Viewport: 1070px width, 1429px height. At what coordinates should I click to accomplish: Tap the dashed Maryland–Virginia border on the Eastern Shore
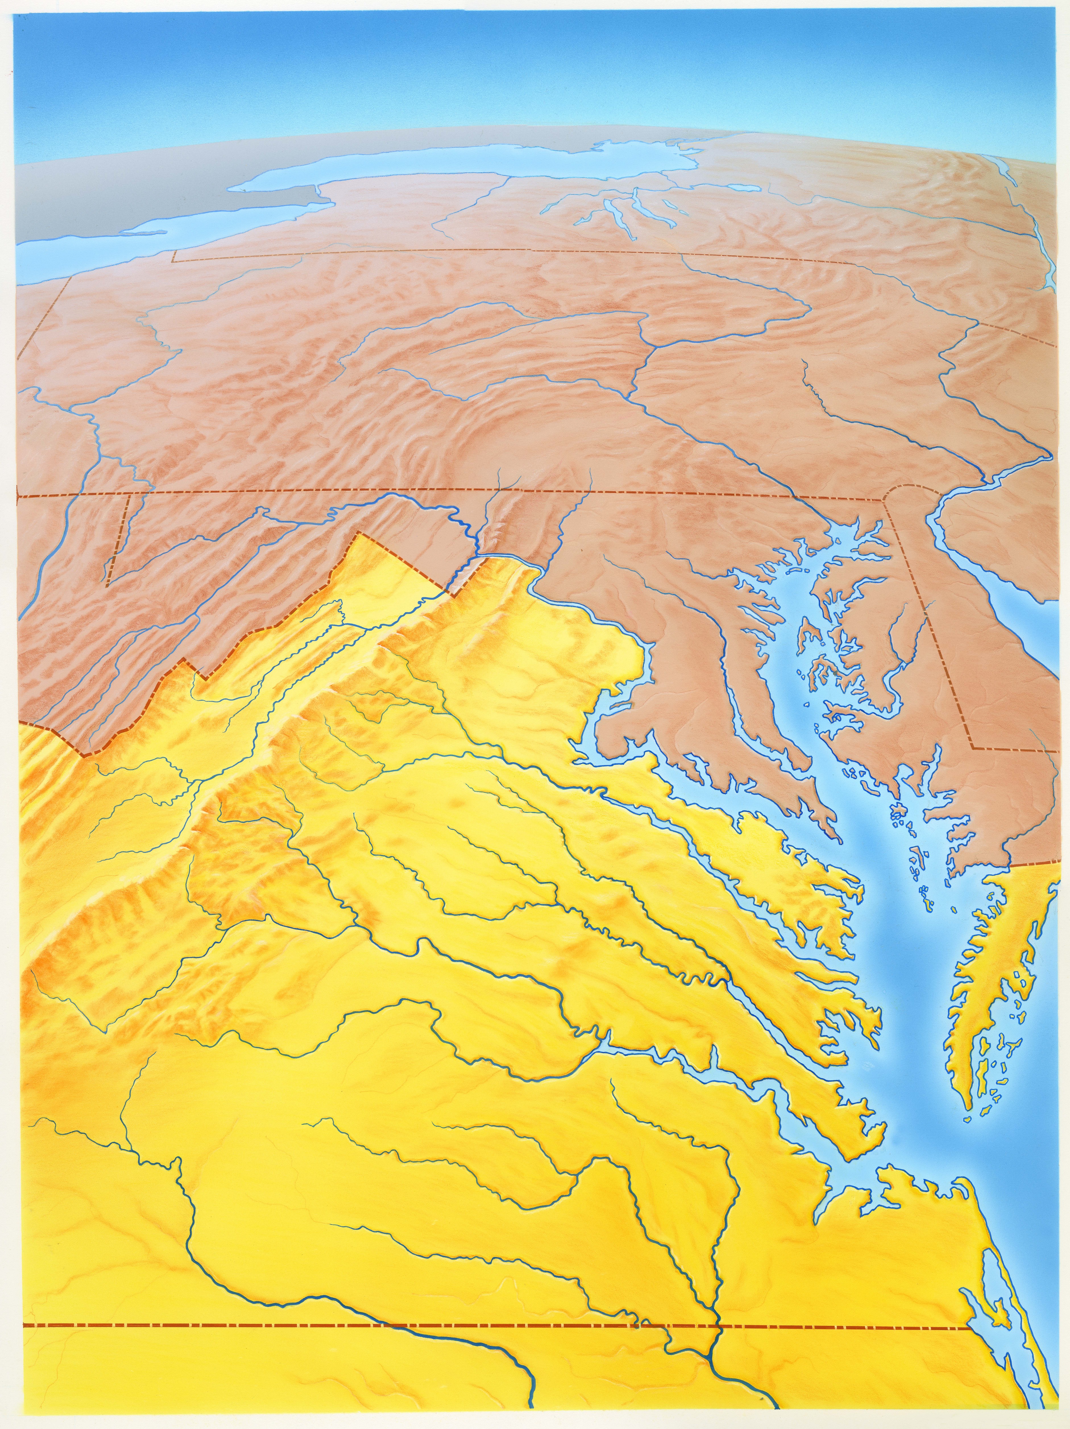click(1033, 863)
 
